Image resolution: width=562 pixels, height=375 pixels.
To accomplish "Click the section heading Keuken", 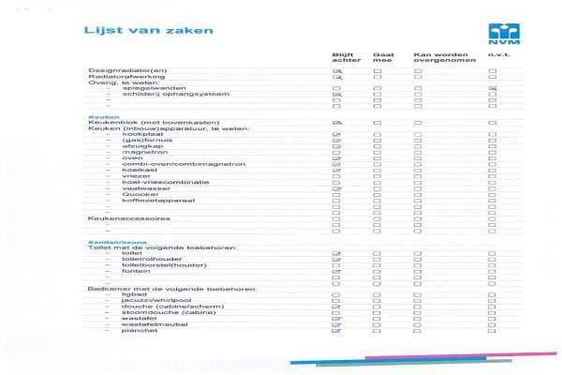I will [x=99, y=117].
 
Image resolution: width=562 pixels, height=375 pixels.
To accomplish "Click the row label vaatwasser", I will [x=140, y=188].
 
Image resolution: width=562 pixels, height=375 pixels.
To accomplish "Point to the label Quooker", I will [x=137, y=195].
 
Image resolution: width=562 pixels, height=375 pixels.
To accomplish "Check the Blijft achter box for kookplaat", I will [x=336, y=136].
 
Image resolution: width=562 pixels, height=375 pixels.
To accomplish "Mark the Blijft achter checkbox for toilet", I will [x=336, y=254].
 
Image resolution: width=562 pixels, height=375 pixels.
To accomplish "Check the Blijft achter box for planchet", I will [x=336, y=331].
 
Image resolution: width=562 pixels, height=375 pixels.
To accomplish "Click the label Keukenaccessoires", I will [x=128, y=217].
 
